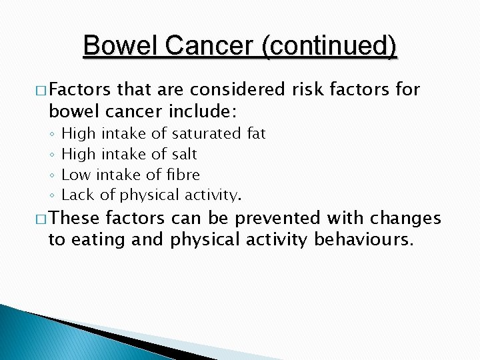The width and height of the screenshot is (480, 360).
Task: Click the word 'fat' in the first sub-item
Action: pos(256,134)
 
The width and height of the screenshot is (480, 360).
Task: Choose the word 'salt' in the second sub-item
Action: pos(185,155)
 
